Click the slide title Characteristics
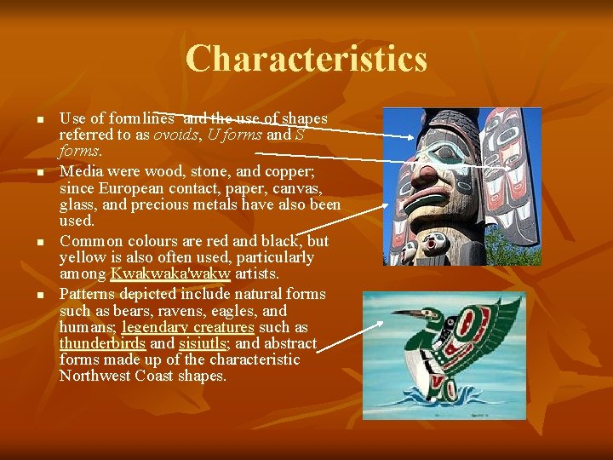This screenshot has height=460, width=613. [x=306, y=59]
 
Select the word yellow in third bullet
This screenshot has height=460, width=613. [x=83, y=257]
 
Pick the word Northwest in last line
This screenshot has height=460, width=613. [x=95, y=376]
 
